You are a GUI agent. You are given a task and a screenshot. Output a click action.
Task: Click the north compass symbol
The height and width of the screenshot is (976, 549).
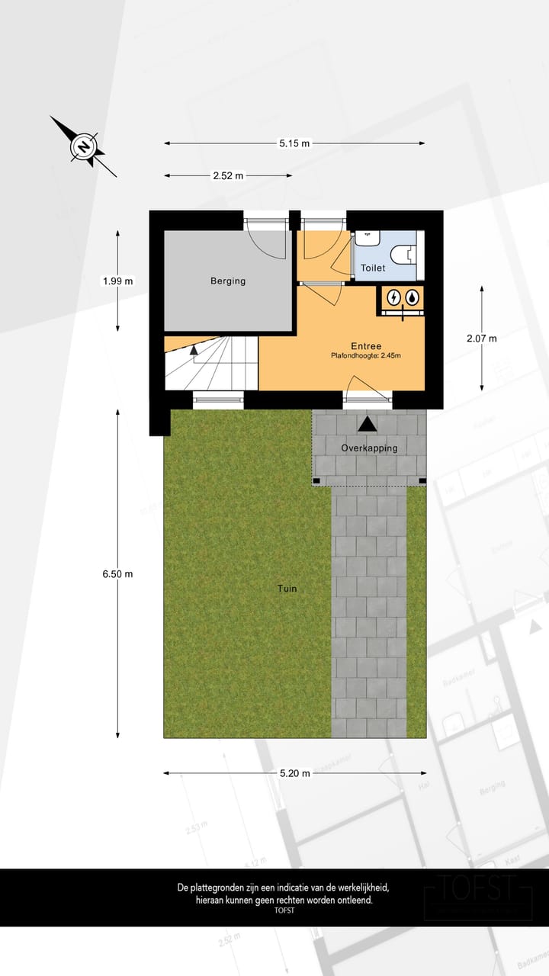[83, 146]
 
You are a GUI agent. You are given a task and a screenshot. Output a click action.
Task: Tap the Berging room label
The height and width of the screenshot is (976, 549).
[228, 281]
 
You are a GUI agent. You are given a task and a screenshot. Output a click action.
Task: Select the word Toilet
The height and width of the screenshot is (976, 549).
[373, 268]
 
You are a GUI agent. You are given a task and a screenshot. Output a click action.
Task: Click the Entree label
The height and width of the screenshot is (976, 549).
[366, 345]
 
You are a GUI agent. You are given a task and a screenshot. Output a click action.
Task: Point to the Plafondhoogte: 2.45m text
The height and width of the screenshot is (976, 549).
[366, 355]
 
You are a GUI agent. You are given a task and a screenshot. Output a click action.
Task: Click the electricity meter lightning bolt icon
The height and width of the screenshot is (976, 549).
[393, 297]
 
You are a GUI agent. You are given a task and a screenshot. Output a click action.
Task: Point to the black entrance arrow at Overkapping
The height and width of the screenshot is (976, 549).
[368, 424]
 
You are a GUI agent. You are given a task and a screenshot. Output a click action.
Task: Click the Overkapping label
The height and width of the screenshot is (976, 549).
[369, 448]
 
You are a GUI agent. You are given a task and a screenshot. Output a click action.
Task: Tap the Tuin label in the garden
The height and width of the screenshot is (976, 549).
[287, 589]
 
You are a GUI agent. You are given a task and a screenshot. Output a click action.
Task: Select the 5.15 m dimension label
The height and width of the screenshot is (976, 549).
[294, 143]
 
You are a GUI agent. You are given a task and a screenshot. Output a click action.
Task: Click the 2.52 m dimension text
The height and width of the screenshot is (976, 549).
[228, 176]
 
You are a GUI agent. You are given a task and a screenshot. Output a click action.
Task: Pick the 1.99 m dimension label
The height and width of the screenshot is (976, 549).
[117, 281]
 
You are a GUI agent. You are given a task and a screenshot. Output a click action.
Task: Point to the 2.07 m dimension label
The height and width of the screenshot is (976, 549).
[481, 339]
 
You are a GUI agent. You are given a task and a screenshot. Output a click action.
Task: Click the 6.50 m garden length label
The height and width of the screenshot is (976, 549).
[117, 574]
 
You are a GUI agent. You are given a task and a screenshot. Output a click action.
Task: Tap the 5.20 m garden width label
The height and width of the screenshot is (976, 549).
[294, 773]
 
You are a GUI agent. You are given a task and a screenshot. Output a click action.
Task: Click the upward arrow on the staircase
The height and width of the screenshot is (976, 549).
[194, 349]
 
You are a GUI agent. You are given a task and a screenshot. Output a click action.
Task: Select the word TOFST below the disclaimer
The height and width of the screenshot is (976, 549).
[284, 910]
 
